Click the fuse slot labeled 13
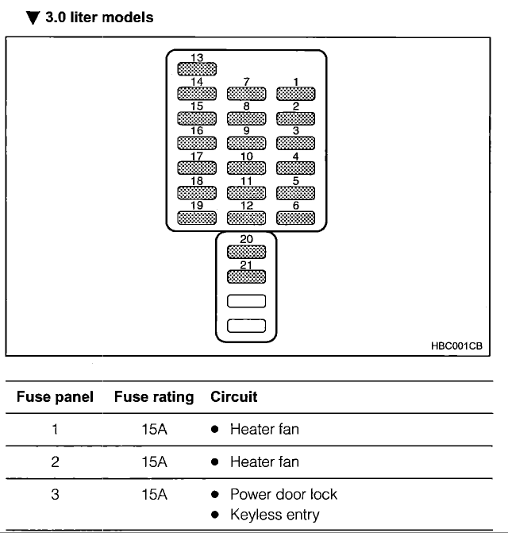pyautogui.click(x=197, y=69)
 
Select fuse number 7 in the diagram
pyautogui.click(x=247, y=94)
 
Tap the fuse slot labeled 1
pyautogui.click(x=296, y=94)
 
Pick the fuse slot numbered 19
pyautogui.click(x=197, y=218)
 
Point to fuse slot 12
pyautogui.click(x=247, y=218)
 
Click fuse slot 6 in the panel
pyautogui.click(x=296, y=218)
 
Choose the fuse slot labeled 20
pyautogui.click(x=247, y=252)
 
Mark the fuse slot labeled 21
pyautogui.click(x=247, y=276)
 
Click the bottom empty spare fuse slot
pyautogui.click(x=247, y=326)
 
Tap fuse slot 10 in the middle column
pyautogui.click(x=247, y=168)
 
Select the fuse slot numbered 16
pyautogui.click(x=197, y=143)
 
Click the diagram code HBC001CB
pyautogui.click(x=456, y=346)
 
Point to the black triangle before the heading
pyautogui.click(x=33, y=17)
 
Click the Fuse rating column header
pyautogui.click(x=154, y=397)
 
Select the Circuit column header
pyautogui.click(x=234, y=396)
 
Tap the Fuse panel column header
pyautogui.click(x=55, y=397)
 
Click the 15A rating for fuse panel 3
pyautogui.click(x=154, y=495)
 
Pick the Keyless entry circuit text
pyautogui.click(x=275, y=515)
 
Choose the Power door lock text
pyautogui.click(x=284, y=494)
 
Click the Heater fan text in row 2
pyautogui.click(x=264, y=462)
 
